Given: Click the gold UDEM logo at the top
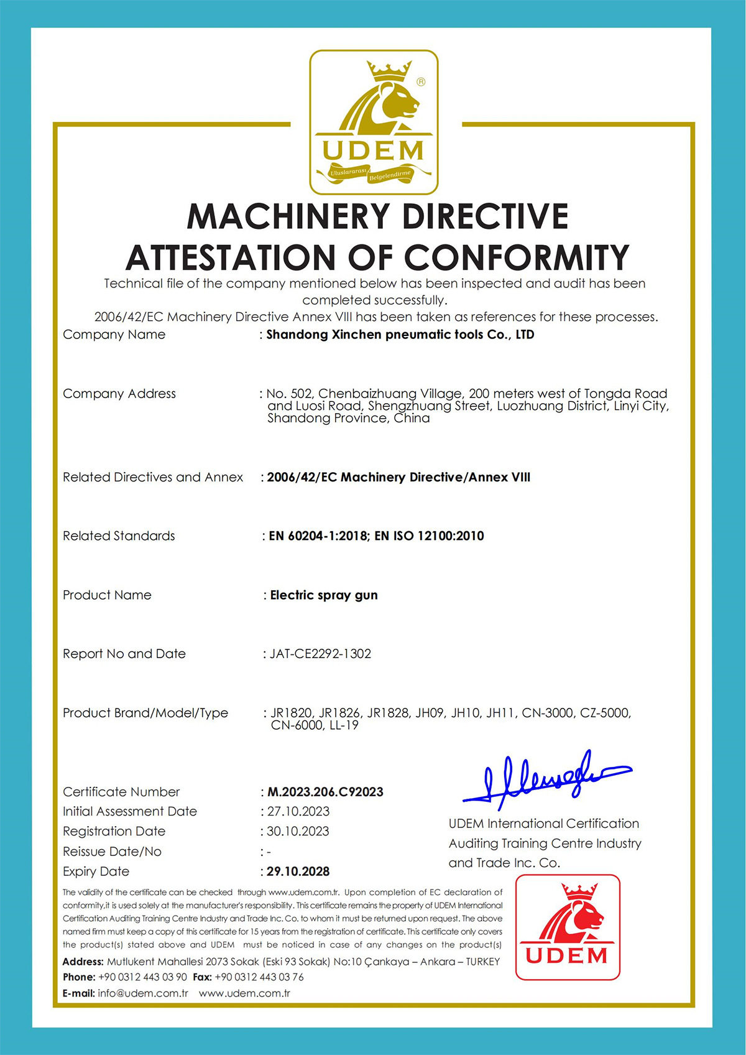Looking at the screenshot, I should [374, 122].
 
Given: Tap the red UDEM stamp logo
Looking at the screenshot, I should [568, 927].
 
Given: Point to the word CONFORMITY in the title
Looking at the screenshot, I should [517, 258].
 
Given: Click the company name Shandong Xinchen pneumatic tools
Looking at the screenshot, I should [400, 335].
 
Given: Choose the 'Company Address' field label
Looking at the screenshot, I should [119, 394].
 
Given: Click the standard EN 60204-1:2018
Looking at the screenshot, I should [318, 536].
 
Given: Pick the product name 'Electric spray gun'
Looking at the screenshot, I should [324, 595].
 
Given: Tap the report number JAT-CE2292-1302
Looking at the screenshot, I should [320, 654].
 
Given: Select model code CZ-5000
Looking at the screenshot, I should [605, 713].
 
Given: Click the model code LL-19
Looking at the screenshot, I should [344, 725].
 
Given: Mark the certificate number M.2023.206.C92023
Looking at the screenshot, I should [325, 792].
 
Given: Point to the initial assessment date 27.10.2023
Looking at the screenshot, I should [298, 812].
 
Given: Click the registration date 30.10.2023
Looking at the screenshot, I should [298, 832].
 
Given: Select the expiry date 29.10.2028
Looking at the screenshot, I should [298, 871].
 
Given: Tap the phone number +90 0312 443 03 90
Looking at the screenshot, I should [142, 977].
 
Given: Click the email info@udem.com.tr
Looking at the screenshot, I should [143, 993].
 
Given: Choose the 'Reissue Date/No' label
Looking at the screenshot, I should [112, 852].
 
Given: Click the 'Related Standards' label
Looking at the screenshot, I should [119, 536].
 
